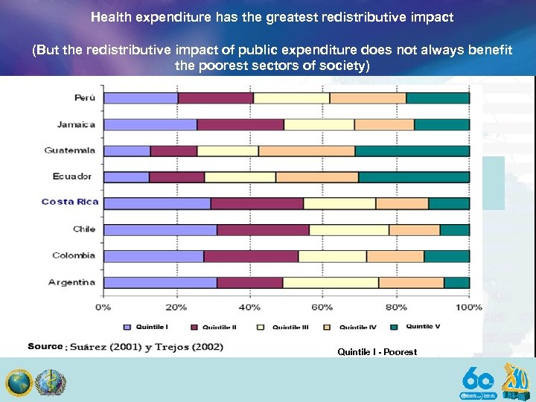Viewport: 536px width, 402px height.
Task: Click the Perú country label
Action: [84, 98]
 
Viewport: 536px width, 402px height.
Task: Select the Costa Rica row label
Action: [70, 202]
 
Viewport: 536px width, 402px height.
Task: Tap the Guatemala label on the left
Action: [70, 150]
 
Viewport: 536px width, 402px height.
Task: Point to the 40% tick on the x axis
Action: [249, 307]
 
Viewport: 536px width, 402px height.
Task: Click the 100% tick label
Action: [468, 307]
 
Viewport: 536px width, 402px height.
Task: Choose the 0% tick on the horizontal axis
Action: [103, 307]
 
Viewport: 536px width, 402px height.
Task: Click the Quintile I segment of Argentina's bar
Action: [160, 282]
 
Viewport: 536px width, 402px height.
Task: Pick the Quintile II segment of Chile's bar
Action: [263, 229]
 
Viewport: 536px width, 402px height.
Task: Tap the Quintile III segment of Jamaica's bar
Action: [319, 124]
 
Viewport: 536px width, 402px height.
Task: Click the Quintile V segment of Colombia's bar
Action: [447, 255]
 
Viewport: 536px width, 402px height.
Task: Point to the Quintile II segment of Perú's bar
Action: [216, 98]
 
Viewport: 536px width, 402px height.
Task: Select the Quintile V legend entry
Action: [418, 327]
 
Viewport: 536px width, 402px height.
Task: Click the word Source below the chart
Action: [45, 346]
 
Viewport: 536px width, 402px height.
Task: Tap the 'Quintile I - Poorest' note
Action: [377, 352]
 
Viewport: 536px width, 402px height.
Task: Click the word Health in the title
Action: [111, 16]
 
